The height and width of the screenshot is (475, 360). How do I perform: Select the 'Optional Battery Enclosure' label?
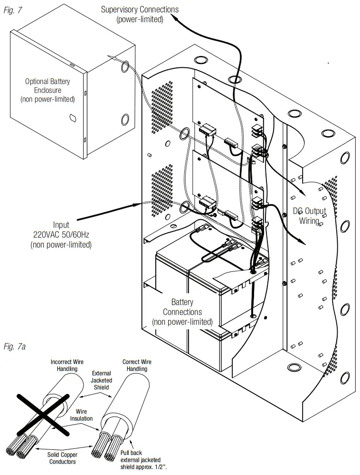[47, 90]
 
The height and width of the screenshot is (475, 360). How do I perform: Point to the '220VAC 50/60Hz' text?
[61, 234]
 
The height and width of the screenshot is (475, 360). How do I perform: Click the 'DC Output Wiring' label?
[309, 216]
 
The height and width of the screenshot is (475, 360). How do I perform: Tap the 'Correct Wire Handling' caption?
[137, 366]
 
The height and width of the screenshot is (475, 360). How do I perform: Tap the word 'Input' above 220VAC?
[61, 224]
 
